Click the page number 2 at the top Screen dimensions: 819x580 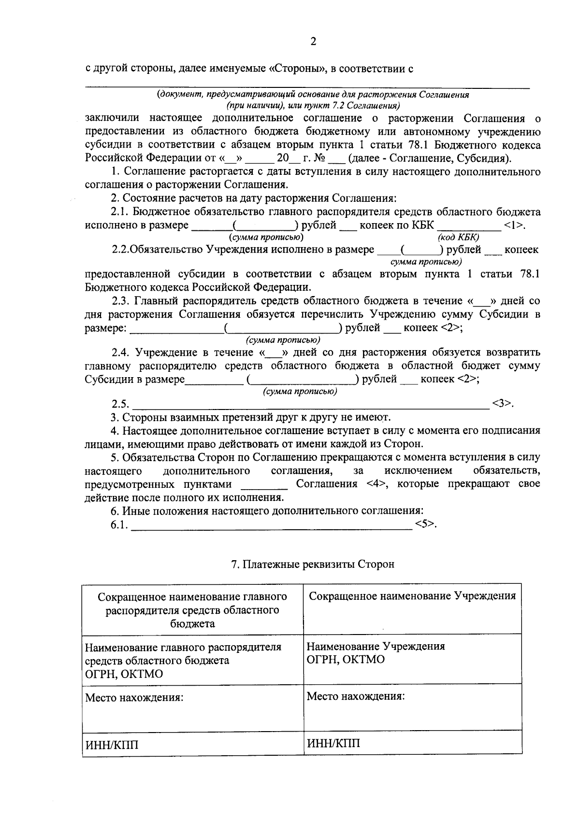(313, 42)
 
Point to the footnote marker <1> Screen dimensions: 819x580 (514, 225)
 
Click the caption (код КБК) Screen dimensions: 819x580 (458, 237)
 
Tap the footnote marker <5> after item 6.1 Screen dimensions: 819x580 (426, 524)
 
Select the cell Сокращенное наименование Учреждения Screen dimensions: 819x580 (412, 596)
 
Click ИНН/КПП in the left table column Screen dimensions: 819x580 (112, 745)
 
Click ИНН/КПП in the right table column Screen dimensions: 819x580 (333, 743)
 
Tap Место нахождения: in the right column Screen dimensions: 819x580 (356, 696)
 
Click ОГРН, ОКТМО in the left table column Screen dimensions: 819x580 (124, 674)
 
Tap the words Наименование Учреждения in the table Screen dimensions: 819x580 (376, 646)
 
